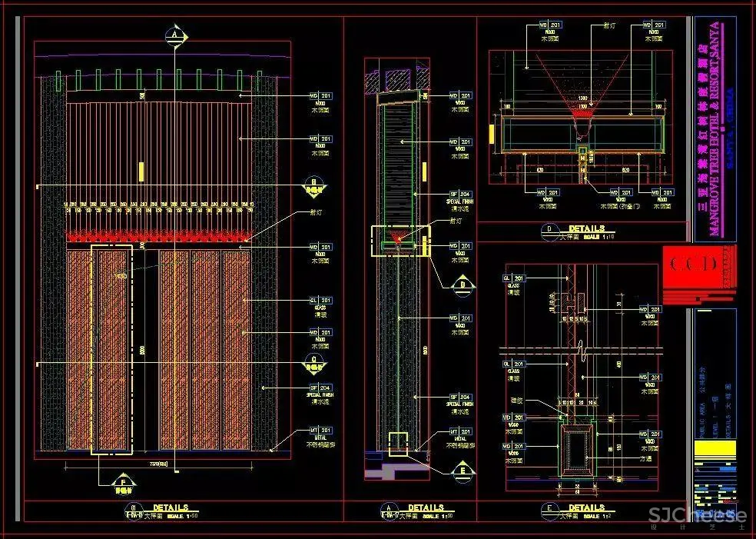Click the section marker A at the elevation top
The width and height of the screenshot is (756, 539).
tap(176, 35)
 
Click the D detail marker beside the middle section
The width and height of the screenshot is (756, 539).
tap(463, 284)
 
